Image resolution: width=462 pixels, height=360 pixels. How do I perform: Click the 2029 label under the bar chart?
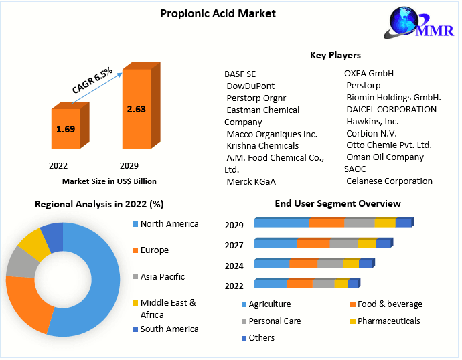tap(129, 165)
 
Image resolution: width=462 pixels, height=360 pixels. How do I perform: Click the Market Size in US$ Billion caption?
tap(109, 181)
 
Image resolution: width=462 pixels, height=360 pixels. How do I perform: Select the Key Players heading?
tap(335, 55)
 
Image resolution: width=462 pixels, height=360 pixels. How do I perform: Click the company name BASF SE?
tap(240, 74)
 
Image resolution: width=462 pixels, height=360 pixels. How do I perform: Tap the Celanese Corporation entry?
tap(389, 181)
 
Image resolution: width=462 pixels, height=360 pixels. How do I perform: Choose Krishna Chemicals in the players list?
tap(262, 145)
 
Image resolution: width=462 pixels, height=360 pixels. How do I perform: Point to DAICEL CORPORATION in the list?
tap(391, 109)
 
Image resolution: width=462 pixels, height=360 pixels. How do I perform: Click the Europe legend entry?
tap(154, 250)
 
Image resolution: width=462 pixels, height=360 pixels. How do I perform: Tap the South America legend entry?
tap(169, 329)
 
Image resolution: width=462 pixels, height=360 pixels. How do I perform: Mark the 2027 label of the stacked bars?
tap(234, 246)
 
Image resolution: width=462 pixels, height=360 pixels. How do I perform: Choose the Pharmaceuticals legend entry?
tap(388, 321)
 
